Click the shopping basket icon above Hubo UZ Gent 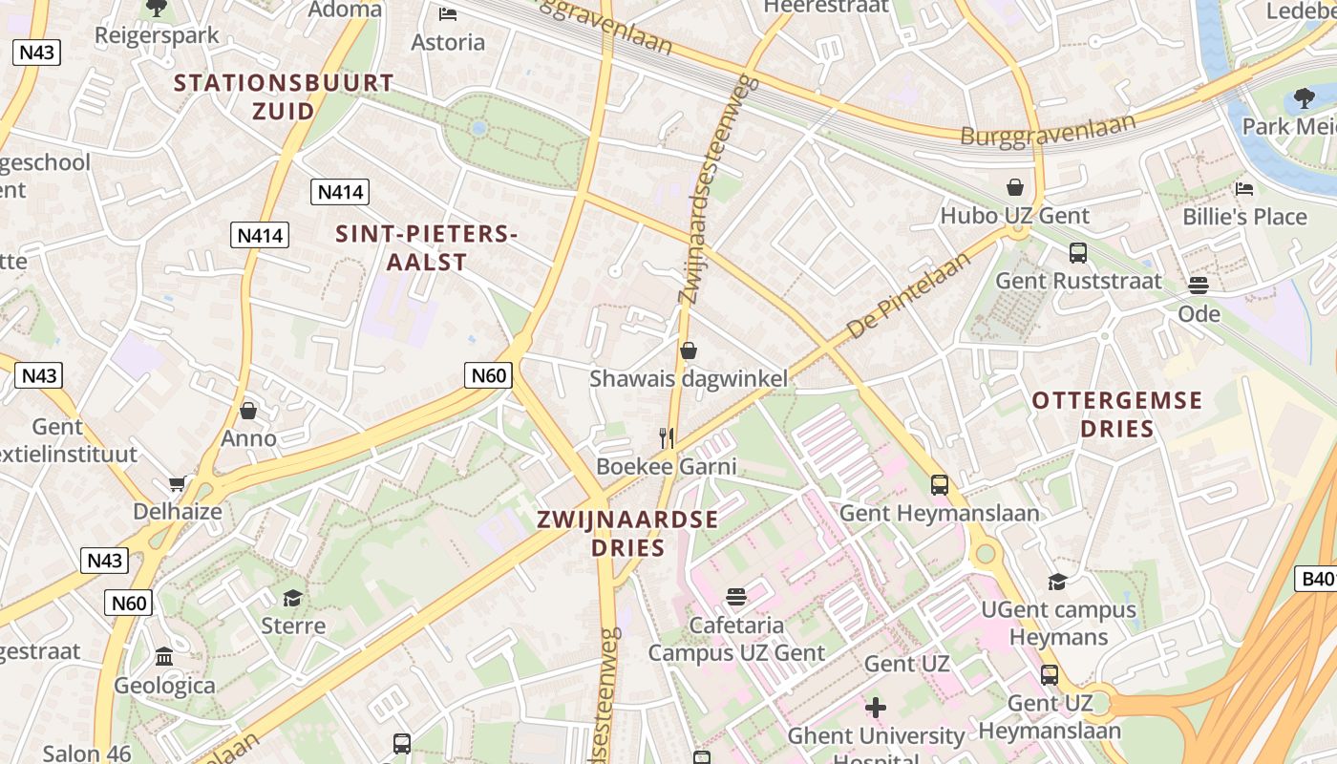(1014, 187)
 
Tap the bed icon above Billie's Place (1243, 189)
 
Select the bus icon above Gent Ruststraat (1077, 253)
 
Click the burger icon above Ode (1199, 286)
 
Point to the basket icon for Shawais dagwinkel (688, 350)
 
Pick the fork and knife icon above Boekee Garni (667, 438)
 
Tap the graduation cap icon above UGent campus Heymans (1057, 582)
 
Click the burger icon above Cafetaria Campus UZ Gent (735, 598)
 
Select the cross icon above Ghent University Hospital (875, 708)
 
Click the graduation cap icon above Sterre (292, 598)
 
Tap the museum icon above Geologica (164, 657)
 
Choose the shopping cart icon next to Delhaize (177, 483)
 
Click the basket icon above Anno (248, 411)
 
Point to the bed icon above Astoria (447, 13)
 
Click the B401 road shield (1316, 578)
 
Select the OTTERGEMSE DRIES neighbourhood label (1116, 414)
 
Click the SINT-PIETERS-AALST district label (427, 247)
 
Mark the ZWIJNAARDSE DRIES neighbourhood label (626, 533)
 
